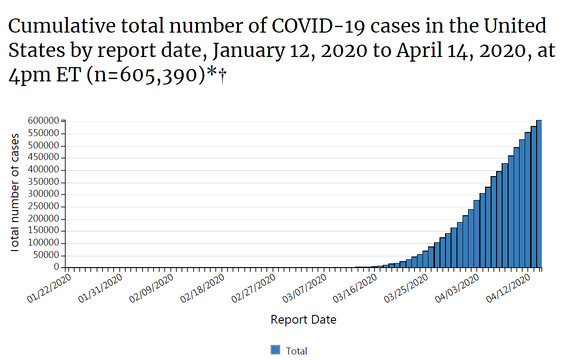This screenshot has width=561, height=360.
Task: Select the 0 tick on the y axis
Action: pyautogui.click(x=57, y=267)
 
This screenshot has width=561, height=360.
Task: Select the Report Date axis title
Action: pyautogui.click(x=303, y=320)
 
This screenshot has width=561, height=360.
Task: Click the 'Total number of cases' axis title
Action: pyautogui.click(x=17, y=194)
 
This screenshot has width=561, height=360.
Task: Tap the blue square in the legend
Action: pyautogui.click(x=275, y=349)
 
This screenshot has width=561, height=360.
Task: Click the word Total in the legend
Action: pyautogui.click(x=296, y=350)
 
